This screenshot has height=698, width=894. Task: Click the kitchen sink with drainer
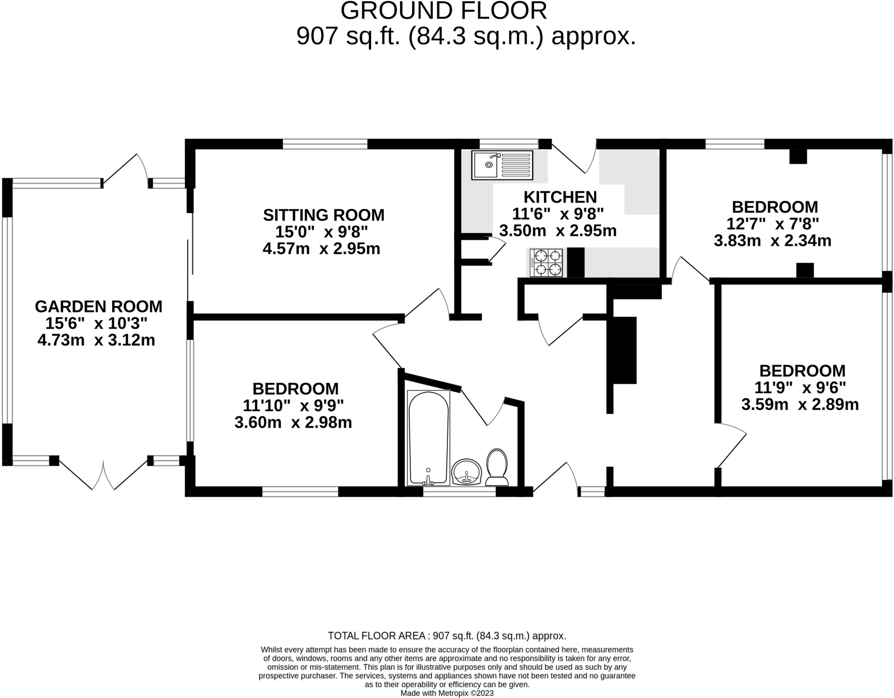click(502, 165)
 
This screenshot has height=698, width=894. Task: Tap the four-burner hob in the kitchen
click(546, 263)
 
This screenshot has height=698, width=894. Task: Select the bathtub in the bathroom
click(428, 438)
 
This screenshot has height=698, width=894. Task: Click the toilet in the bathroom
click(497, 468)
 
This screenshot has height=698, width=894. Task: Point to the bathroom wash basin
click(466, 472)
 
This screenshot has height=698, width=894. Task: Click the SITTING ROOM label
click(323, 215)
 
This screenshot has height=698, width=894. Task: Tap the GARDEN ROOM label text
click(98, 306)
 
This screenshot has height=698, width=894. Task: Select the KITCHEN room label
click(560, 197)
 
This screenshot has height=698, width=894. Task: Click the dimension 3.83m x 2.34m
click(772, 241)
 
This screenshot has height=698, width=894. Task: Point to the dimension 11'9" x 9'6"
click(800, 387)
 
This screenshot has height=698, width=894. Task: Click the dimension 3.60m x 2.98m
click(293, 422)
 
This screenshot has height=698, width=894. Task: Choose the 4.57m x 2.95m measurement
click(321, 249)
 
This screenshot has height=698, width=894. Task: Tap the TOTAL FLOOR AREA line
click(447, 636)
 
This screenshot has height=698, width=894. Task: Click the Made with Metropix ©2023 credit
click(447, 693)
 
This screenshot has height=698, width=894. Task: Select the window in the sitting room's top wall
click(325, 144)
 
